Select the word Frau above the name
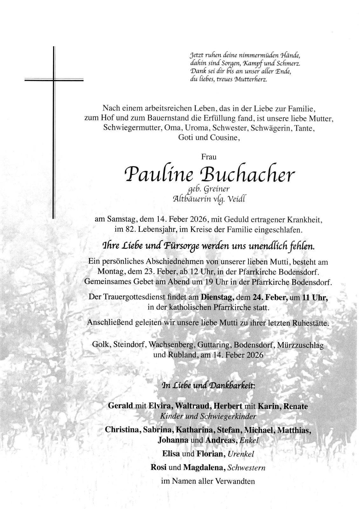pyautogui.click(x=209, y=157)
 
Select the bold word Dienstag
pyautogui.click(x=218, y=297)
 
